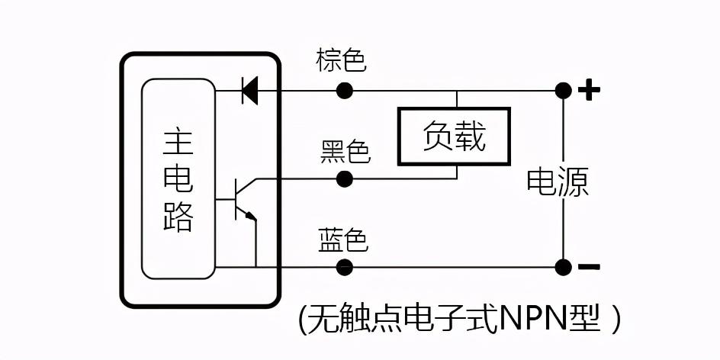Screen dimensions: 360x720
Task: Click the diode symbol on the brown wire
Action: [x=249, y=91]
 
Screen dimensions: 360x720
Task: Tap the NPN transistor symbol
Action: [x=242, y=200]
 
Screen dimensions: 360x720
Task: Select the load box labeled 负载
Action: [x=455, y=137]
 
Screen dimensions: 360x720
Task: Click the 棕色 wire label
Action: [x=342, y=60]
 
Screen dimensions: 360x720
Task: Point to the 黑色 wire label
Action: [x=346, y=153]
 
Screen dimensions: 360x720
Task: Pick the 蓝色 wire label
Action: [x=343, y=241]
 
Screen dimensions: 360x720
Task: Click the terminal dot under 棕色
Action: [x=345, y=91]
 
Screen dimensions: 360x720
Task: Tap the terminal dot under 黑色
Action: [x=345, y=179]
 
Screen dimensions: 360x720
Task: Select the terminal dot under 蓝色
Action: [x=345, y=267]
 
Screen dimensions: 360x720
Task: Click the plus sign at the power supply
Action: [x=589, y=91]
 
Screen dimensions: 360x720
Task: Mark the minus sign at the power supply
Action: [x=589, y=267]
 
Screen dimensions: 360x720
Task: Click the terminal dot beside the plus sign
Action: [x=563, y=91]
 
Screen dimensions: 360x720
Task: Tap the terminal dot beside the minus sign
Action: [x=563, y=267]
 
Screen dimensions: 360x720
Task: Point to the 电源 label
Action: [x=558, y=182]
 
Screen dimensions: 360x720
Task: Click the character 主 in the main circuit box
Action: [x=178, y=143]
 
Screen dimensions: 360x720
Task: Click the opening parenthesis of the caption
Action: [x=303, y=320]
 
